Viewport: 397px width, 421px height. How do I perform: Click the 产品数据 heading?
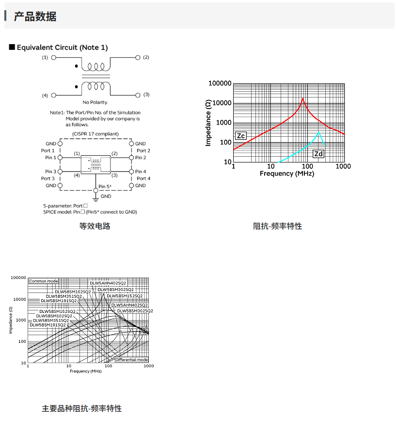(35, 16)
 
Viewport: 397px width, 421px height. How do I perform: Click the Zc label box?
(240, 136)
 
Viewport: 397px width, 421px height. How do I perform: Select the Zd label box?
(318, 154)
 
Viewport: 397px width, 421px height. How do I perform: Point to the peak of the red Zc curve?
(303, 98)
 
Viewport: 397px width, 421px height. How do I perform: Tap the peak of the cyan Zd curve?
(318, 132)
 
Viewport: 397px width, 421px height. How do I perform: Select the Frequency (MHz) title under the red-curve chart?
(287, 173)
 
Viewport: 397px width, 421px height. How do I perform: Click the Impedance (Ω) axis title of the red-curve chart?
(208, 122)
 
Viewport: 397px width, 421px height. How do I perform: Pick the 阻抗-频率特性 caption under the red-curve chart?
(277, 226)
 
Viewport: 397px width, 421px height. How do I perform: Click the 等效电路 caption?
(95, 226)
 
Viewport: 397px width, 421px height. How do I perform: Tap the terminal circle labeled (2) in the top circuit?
(138, 57)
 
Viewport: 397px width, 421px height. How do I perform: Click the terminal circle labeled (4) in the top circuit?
(54, 95)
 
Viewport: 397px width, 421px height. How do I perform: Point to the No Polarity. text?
(95, 102)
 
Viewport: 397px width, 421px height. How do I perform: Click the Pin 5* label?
(105, 187)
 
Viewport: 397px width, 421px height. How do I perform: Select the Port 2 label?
(143, 151)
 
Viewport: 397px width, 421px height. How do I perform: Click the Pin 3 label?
(50, 172)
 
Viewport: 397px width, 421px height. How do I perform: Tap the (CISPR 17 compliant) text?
(95, 133)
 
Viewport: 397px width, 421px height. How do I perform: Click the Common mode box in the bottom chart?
(43, 281)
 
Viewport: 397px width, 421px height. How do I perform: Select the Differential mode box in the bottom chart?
(131, 359)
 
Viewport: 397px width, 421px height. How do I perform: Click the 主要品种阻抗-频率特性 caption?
(82, 408)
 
